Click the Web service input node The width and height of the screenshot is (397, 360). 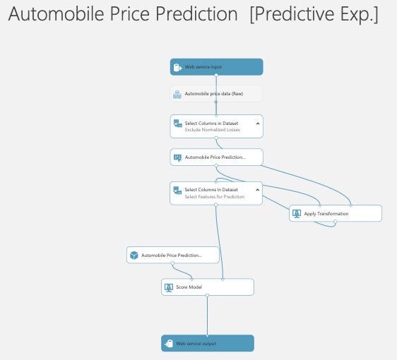coord(216,67)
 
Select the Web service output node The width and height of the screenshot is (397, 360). coord(208,343)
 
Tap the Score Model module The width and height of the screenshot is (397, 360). coord(208,287)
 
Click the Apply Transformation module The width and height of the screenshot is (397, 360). coord(336,213)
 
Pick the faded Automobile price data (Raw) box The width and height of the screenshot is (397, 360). coord(216,94)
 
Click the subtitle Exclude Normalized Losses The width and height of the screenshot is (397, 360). coord(213,130)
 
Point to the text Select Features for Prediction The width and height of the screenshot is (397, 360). coord(215,197)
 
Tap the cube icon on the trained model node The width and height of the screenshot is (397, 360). coord(134,256)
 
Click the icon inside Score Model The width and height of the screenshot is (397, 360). coord(169,287)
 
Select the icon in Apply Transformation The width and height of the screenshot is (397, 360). coord(297,213)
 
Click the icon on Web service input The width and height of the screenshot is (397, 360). coord(177,67)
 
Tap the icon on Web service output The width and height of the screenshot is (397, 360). coord(169,344)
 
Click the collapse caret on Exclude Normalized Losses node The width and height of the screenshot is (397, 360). coord(258,124)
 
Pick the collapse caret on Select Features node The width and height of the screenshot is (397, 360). coord(258,190)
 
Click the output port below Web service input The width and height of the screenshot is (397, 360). coord(216,75)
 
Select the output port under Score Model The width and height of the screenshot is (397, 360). coord(208,295)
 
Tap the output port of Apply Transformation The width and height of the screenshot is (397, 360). coord(336,222)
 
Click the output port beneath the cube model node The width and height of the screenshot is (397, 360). coord(172,263)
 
